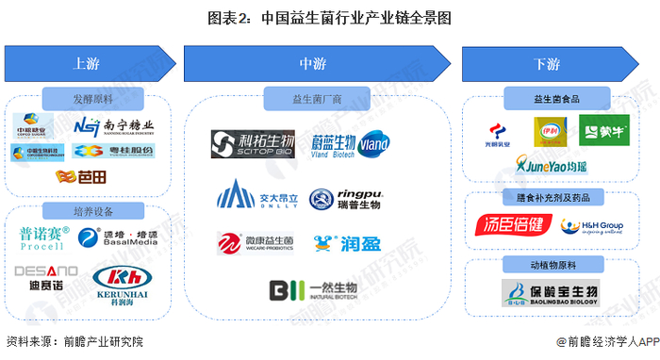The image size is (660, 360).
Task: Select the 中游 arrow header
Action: [311, 63]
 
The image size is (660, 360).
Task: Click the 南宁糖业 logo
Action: [114, 125]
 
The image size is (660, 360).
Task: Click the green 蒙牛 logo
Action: [603, 131]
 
